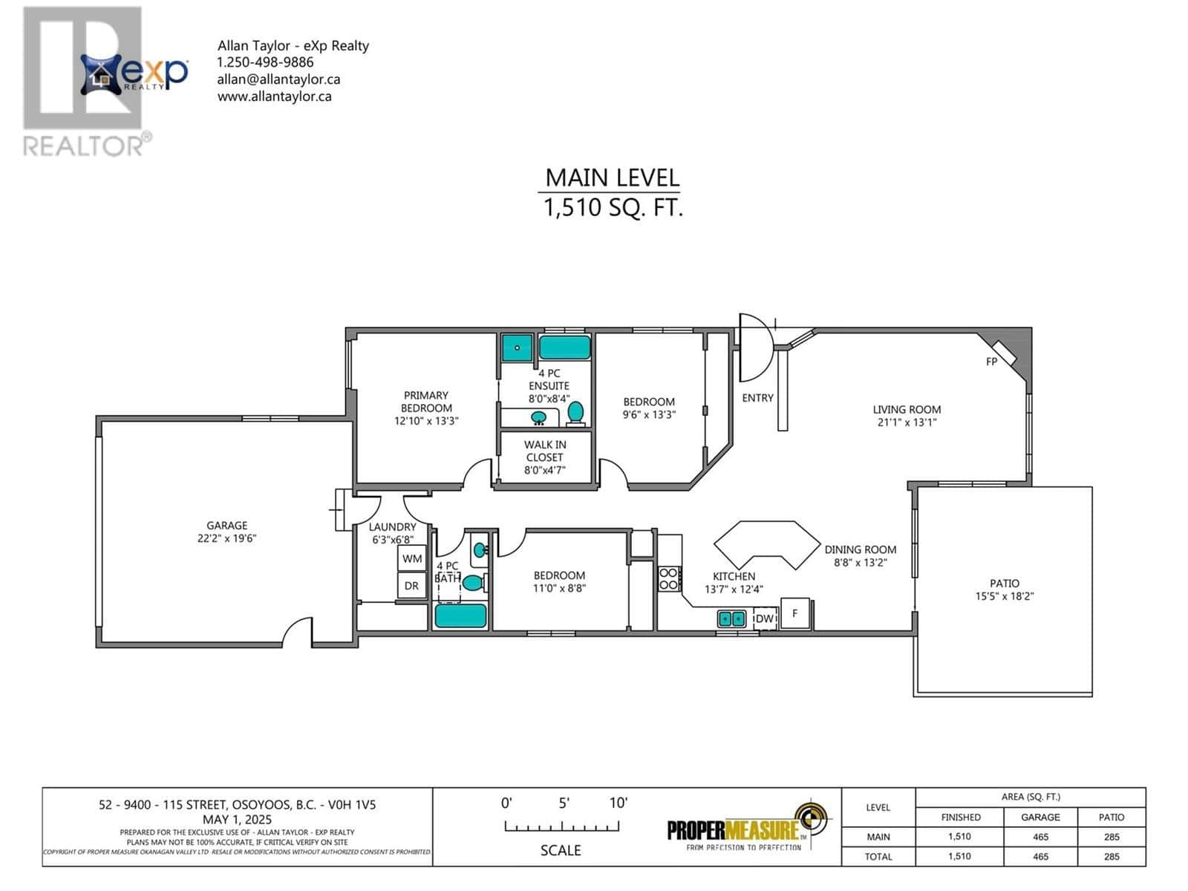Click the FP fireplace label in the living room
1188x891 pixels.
991,362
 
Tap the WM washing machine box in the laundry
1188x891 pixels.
412,558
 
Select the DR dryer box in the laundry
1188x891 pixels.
411,586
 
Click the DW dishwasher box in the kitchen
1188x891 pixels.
765,618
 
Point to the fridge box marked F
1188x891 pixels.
795,613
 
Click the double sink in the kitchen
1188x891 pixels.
731,618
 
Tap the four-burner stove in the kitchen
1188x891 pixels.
668,578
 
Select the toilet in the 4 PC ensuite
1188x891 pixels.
575,413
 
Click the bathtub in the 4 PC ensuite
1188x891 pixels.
564,347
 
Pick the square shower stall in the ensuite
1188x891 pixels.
517,347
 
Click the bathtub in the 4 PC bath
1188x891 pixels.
460,616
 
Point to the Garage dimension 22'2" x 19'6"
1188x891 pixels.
227,538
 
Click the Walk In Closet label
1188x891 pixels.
545,451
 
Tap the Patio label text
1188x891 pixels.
1004,583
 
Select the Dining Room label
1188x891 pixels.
860,549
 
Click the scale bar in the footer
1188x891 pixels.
561,826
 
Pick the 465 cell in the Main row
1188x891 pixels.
1040,837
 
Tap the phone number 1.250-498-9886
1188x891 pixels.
265,62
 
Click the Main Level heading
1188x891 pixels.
612,177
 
